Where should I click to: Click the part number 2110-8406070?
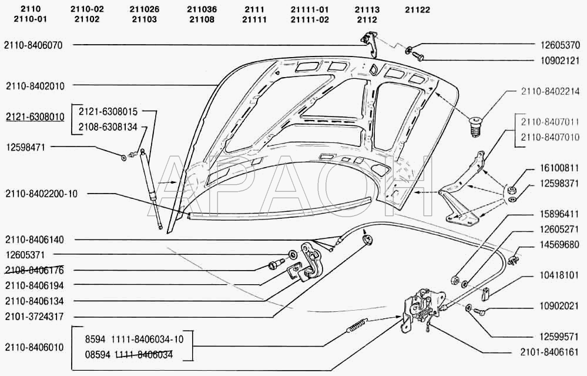coord(33,45)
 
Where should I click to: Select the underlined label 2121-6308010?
coord(35,117)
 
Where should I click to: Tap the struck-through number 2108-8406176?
coord(35,270)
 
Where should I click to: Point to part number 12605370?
coord(559,45)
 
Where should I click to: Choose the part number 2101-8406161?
coord(549,352)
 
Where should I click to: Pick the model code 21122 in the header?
coord(417,10)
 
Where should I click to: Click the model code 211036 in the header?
coord(202,10)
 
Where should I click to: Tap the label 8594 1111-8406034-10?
coord(135,340)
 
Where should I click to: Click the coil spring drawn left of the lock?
coord(357,325)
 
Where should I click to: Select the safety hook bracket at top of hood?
coord(370,43)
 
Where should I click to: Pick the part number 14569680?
coord(559,245)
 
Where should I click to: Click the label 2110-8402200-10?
coord(41,194)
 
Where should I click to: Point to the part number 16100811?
coord(559,168)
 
